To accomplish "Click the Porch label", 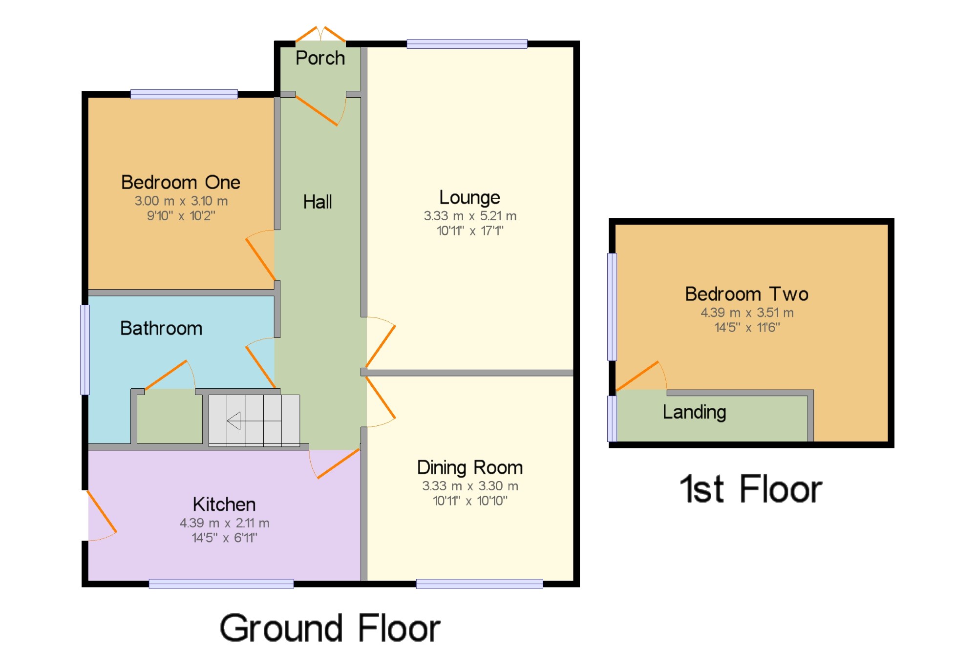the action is [320, 58].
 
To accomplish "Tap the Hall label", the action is [318, 202].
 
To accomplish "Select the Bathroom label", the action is [161, 328].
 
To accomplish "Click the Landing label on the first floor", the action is [694, 413].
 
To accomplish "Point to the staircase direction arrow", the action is [234, 420].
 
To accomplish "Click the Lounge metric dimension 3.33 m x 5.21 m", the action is [470, 216].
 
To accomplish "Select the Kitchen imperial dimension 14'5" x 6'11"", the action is [225, 538].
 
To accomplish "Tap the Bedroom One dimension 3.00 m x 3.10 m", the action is [181, 201].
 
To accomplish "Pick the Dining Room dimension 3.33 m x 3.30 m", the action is [470, 486].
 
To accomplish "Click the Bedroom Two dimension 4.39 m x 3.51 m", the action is [747, 313].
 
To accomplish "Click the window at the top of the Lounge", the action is [467, 44].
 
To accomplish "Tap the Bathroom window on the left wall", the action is [85, 350].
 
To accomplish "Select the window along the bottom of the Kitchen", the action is [221, 584].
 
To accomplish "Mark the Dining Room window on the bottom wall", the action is [480, 584].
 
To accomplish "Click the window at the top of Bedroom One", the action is [184, 94].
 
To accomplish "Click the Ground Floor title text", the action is [330, 628].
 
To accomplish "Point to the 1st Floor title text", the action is [751, 489].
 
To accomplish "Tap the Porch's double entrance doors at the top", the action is [320, 34].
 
